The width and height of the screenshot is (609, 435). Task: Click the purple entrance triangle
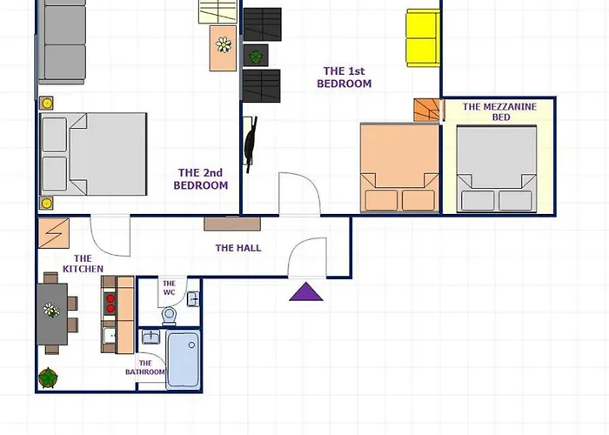[x=306, y=292]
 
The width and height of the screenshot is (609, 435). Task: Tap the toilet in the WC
[x=169, y=315]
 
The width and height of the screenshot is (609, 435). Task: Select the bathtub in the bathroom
[x=183, y=359]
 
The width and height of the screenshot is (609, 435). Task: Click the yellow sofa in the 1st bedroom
[x=423, y=38]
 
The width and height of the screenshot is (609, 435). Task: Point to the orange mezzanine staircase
[x=427, y=110]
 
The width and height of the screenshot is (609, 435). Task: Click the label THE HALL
[x=238, y=248]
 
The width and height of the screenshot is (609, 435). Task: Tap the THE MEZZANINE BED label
[x=500, y=112]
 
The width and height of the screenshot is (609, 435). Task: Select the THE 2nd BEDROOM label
[x=200, y=179]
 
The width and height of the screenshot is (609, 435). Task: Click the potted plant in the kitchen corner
[x=48, y=378]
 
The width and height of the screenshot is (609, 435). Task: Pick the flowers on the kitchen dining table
[x=50, y=311]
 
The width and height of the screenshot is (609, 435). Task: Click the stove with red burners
[x=110, y=304]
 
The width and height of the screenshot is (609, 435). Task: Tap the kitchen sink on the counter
[x=110, y=335]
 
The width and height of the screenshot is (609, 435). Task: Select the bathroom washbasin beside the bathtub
[x=151, y=338]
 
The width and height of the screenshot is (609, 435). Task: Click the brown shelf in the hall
[x=232, y=224]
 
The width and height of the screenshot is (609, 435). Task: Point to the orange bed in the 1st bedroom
[x=399, y=168]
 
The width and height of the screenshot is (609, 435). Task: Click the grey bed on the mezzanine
[x=497, y=169]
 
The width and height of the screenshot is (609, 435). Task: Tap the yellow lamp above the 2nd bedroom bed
[x=47, y=104]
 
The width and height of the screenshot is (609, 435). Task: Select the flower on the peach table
[x=224, y=44]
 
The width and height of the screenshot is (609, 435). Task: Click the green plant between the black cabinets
[x=256, y=57]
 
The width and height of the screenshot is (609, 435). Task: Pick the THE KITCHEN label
[x=83, y=264]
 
